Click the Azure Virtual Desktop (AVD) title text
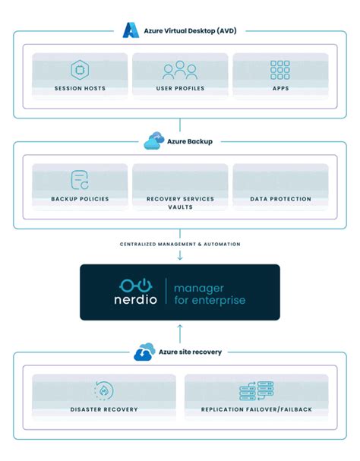coord(188,31)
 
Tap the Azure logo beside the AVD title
coord(128,31)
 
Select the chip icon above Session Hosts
coord(80,70)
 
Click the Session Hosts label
coord(80,89)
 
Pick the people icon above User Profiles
coord(179,71)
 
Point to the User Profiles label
coord(179,89)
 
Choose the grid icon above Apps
coord(279,70)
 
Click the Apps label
coord(279,89)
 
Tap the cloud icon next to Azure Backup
coord(153,141)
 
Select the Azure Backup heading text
coord(190,142)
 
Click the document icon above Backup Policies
coord(80,180)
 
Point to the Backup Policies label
coord(80,199)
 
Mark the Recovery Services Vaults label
coord(179,203)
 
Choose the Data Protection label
coord(280,199)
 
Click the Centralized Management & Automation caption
coord(179,244)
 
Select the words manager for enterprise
coord(210,294)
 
